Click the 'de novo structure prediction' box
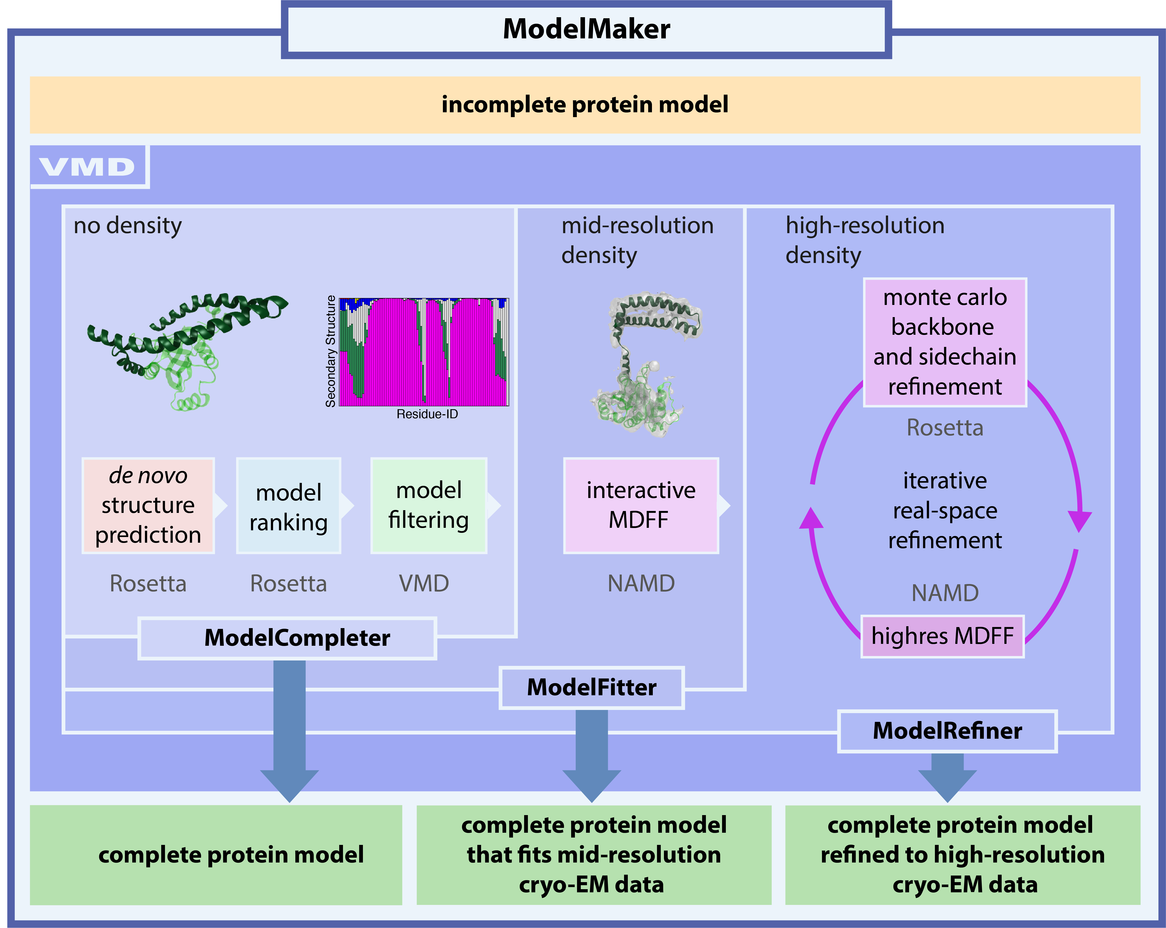pos(148,505)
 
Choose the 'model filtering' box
pos(428,505)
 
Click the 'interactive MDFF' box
pos(641,505)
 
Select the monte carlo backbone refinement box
pos(945,342)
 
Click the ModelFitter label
pos(592,687)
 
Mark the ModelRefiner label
pos(947,731)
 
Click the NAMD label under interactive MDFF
pos(641,583)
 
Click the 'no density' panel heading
pos(128,226)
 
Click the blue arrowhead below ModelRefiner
pos(947,784)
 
